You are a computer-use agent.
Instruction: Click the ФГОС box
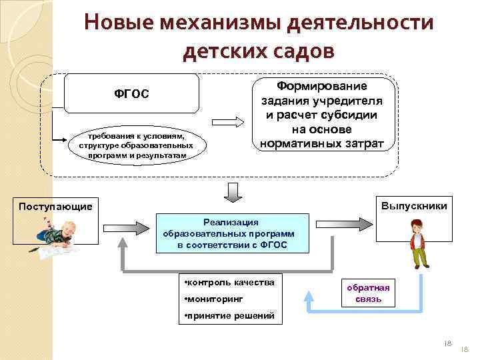(131, 93)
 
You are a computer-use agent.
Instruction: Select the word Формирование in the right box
(321, 86)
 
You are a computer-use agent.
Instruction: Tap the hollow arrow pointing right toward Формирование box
(228, 123)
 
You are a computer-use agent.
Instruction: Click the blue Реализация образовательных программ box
(233, 233)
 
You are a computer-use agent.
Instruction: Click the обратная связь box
(368, 293)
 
